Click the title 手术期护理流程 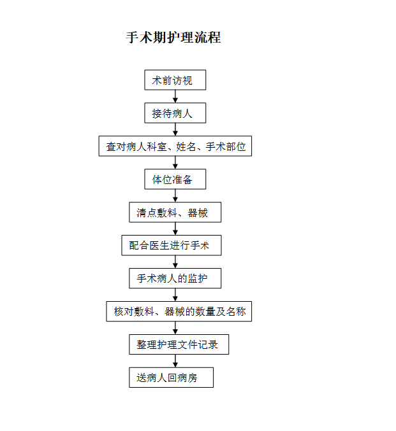pyautogui.click(x=173, y=38)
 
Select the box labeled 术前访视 pyautogui.click(x=175, y=80)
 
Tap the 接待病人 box pyautogui.click(x=175, y=113)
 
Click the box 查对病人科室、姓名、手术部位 pyautogui.click(x=175, y=146)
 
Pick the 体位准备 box pyautogui.click(x=175, y=180)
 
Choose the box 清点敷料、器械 pyautogui.click(x=175, y=212)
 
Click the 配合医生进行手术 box pyautogui.click(x=172, y=246)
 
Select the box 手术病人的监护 pyautogui.click(x=175, y=278)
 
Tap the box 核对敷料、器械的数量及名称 pyautogui.click(x=179, y=311)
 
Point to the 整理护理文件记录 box pyautogui.click(x=179, y=344)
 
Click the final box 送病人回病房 pyautogui.click(x=172, y=378)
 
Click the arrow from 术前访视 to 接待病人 pyautogui.click(x=175, y=97)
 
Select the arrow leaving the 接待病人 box pyautogui.click(x=175, y=129)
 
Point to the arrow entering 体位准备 pyautogui.click(x=175, y=163)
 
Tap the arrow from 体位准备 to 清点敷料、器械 pyautogui.click(x=175, y=195)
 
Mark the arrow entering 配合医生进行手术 pyautogui.click(x=175, y=229)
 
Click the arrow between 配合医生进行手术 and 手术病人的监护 pyautogui.click(x=175, y=262)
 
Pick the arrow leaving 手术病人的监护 pyautogui.click(x=175, y=295)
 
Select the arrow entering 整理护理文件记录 pyautogui.click(x=175, y=328)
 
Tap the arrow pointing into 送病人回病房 pyautogui.click(x=175, y=361)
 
